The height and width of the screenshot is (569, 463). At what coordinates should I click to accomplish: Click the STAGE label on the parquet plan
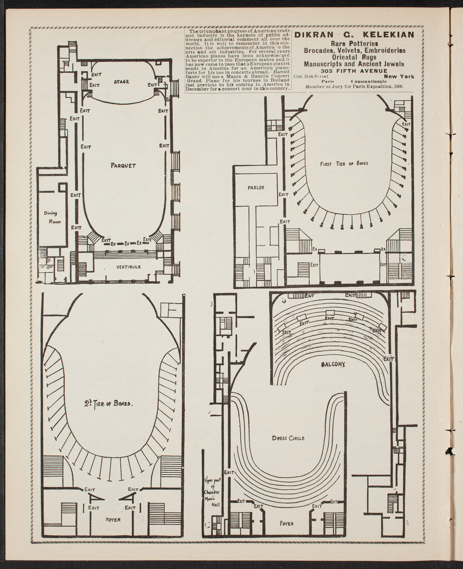click(x=121, y=82)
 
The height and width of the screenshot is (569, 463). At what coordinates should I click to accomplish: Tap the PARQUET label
click(x=123, y=165)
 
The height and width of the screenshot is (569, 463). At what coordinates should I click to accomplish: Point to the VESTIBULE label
click(x=128, y=267)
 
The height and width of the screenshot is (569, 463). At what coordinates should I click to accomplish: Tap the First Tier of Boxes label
click(x=344, y=164)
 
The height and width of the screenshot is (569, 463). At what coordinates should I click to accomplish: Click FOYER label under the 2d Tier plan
click(x=113, y=520)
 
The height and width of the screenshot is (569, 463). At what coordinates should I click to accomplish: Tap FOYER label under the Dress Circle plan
click(x=287, y=523)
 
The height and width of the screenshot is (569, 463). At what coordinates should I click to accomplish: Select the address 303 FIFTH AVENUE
click(x=354, y=71)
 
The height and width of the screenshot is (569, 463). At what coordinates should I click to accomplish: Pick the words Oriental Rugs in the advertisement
click(x=354, y=57)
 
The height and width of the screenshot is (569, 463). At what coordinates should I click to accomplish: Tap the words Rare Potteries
click(x=354, y=44)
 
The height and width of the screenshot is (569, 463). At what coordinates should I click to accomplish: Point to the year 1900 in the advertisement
click(x=397, y=86)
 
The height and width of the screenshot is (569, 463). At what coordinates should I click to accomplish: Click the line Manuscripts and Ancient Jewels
click(x=354, y=64)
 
